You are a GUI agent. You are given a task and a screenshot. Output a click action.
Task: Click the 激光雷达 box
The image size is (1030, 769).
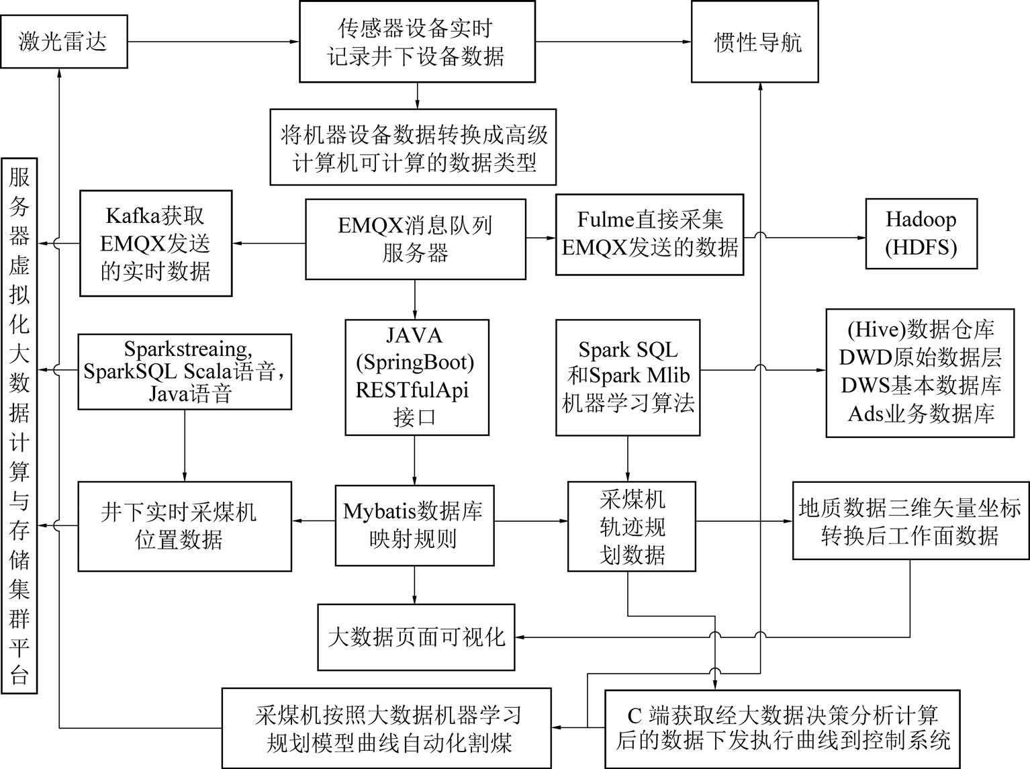64,42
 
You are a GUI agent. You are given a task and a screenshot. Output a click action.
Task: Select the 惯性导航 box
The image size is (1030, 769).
755,42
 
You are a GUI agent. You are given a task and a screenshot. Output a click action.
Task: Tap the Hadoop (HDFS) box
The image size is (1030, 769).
922,234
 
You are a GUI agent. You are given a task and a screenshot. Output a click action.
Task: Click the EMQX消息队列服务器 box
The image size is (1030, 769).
415,239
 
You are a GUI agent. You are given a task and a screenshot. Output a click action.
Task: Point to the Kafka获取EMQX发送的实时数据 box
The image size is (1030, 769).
156,243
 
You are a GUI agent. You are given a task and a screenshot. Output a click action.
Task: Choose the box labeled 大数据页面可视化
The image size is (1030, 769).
416,637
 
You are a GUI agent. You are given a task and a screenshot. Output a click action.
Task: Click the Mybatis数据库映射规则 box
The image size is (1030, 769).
414,525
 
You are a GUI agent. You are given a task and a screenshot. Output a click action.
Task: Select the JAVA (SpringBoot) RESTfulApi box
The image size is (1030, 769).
417,377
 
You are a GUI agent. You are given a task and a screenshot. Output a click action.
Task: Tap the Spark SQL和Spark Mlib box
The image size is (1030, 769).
628,377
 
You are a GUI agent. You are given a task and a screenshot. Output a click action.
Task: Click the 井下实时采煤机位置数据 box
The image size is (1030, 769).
185,526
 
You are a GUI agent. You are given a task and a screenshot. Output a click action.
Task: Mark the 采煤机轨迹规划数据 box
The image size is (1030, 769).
632,526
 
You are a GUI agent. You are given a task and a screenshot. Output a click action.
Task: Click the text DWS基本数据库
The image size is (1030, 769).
921,386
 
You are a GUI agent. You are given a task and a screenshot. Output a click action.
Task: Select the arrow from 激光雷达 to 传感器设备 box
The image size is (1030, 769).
214,42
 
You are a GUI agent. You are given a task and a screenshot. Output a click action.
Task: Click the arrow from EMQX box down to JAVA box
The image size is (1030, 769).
415,300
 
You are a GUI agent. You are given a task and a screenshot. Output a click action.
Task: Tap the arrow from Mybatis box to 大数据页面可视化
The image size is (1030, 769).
414,585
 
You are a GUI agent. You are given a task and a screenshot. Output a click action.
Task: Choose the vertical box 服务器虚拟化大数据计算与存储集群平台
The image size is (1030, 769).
19,426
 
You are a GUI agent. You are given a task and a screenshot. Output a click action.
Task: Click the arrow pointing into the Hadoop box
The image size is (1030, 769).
805,237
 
